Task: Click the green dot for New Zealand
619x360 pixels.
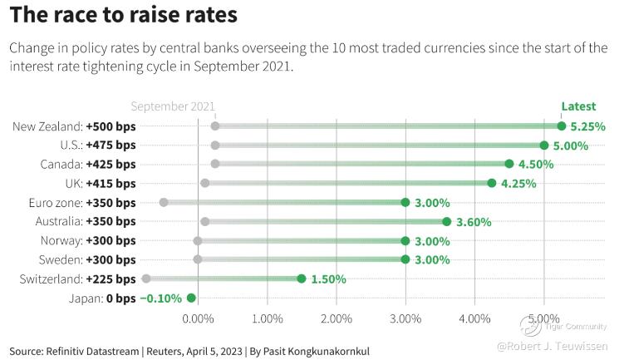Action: point(562,126)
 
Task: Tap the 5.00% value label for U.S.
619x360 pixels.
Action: point(571,145)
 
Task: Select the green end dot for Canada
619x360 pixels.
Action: point(509,164)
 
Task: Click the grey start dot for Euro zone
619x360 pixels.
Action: point(164,202)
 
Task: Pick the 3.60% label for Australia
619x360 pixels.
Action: point(474,222)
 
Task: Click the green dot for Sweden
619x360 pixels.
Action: point(405,259)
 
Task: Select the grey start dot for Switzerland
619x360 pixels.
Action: point(146,279)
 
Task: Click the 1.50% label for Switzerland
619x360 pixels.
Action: point(328,279)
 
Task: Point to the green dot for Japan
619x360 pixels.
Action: point(191,298)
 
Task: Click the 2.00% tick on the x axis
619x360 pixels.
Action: point(337,318)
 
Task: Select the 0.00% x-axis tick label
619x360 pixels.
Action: point(198,318)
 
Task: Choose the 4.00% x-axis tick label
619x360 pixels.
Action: point(474,318)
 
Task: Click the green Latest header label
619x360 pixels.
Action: point(578,106)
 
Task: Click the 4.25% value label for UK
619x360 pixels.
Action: point(518,184)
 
